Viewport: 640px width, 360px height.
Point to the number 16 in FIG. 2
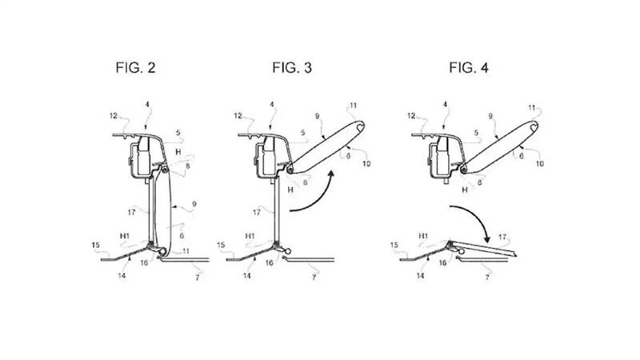(144, 261)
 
